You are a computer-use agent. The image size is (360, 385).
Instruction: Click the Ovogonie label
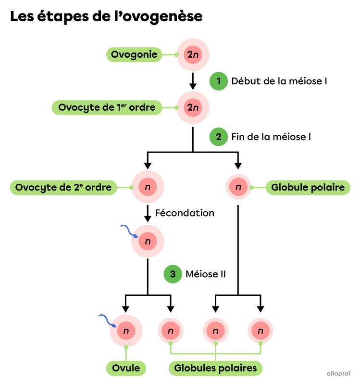coord(134,55)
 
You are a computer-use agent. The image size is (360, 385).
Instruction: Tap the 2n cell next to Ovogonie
coord(193,55)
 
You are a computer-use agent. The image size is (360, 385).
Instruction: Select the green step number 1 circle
coord(218,81)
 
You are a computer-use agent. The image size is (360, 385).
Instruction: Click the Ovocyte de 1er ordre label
coord(107,108)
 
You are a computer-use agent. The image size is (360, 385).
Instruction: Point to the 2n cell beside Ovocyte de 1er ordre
coord(193,108)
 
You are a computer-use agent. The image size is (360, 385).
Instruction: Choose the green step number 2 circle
coord(218,137)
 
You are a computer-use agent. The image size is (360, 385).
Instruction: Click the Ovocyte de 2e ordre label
coord(63,188)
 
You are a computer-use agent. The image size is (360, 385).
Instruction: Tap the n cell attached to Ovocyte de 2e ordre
coord(148,187)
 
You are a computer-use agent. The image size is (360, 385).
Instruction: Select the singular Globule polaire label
coord(308,188)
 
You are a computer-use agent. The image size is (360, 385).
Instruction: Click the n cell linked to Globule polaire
coord(238,187)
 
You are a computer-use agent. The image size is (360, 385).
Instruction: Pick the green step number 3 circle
coord(173,274)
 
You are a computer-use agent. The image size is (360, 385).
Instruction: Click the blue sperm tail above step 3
coord(127,230)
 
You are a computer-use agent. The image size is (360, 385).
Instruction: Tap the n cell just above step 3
coord(148,241)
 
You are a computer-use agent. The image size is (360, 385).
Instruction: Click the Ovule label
coord(126,368)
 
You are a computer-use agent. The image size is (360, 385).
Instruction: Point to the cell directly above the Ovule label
coord(126,331)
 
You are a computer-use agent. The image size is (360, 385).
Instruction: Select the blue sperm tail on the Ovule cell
coord(106,320)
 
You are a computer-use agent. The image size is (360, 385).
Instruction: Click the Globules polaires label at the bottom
coord(215,368)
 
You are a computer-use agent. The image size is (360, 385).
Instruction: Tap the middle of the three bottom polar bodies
coord(215,331)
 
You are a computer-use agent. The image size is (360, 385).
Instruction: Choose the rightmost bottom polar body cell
coord(261,331)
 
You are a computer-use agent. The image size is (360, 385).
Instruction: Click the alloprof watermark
coord(338,373)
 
